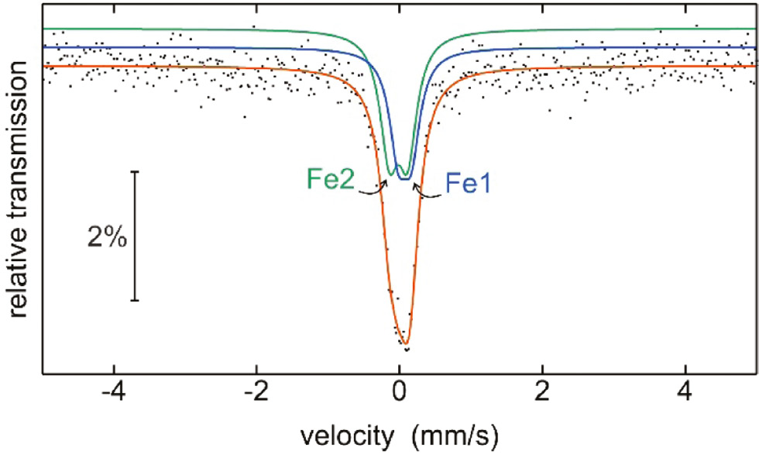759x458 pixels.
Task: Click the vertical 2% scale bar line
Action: tap(136, 236)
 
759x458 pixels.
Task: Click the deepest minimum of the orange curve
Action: tap(404, 344)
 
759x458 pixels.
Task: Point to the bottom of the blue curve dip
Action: tap(404, 179)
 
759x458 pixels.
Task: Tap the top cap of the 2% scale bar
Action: tap(136, 171)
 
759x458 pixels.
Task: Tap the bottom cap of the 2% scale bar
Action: tap(136, 301)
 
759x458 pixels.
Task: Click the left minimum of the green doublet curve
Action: tap(391, 174)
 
